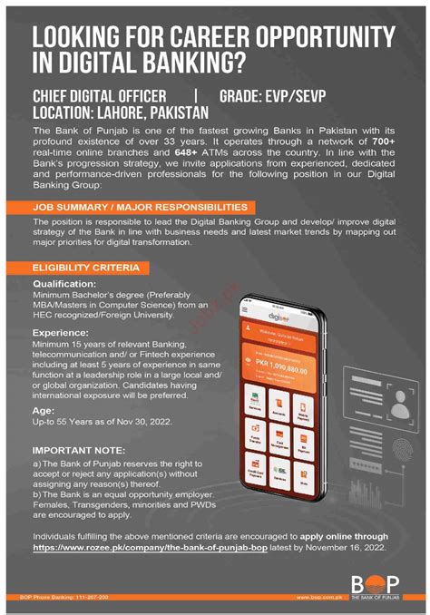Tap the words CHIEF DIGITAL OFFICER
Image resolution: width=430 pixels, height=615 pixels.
(x=100, y=96)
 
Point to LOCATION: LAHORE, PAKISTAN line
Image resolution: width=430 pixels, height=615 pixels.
(x=121, y=112)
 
